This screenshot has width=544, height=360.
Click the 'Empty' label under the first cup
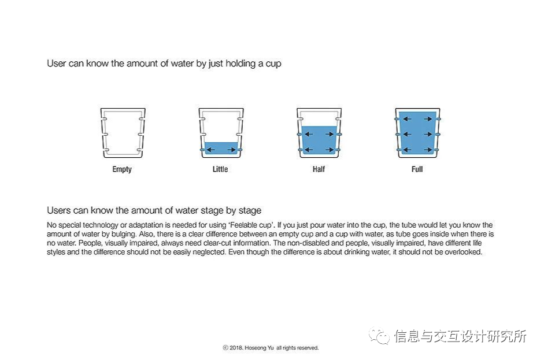click(x=122, y=169)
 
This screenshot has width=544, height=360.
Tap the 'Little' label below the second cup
click(x=220, y=169)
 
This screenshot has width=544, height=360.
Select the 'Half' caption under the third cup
click(x=319, y=169)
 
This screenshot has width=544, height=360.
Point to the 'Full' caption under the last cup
click(x=417, y=169)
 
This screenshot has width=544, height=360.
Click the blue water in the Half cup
click(x=319, y=140)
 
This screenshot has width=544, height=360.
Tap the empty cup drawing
click(x=123, y=133)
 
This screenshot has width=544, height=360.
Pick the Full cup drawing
click(x=417, y=133)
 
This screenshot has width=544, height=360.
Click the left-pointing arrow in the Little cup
click(x=210, y=150)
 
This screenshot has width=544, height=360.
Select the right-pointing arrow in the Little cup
click(x=232, y=150)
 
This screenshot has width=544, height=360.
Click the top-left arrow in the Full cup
click(x=407, y=119)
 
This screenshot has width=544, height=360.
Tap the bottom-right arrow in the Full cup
click(x=428, y=150)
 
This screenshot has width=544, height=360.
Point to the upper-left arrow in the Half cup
click(x=309, y=134)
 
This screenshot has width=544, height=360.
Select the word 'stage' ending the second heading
click(x=250, y=211)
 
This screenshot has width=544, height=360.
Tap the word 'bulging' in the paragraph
click(x=123, y=234)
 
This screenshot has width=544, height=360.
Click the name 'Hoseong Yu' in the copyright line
click(x=259, y=347)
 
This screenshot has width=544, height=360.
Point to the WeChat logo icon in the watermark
click(x=379, y=335)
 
